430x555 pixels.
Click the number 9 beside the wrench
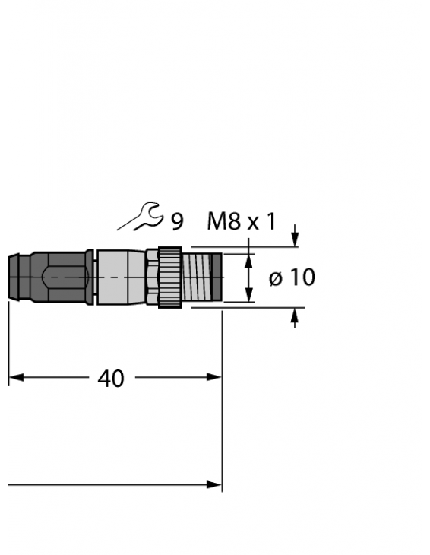point(176,221)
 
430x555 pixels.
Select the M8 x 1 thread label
point(242,221)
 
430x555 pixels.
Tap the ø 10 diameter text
point(292,277)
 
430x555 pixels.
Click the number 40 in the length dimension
point(111,378)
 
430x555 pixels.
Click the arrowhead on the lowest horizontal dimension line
point(215,484)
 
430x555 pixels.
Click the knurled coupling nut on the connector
point(169,277)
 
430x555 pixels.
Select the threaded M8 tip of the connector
point(202,277)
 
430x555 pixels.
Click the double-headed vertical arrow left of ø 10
point(248,277)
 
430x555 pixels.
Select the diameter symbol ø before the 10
point(275,278)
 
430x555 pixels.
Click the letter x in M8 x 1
point(253,222)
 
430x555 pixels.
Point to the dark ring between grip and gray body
point(90,277)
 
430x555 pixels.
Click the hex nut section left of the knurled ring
point(151,277)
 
